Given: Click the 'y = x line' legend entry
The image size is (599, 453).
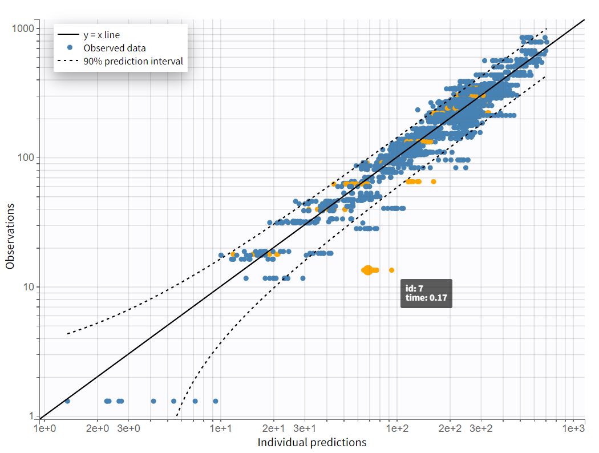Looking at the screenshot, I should (102, 35).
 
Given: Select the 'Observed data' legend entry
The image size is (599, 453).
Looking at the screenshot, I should (114, 48).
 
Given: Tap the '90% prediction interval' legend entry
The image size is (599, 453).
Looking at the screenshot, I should (133, 61).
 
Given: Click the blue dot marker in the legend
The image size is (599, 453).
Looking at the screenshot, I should (70, 48).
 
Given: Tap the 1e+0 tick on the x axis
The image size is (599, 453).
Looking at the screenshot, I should (44, 428).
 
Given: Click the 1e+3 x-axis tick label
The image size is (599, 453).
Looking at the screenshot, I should (573, 428).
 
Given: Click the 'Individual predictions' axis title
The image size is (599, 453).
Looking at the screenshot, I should (311, 443).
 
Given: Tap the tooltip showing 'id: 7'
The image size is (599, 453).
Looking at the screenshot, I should (427, 293).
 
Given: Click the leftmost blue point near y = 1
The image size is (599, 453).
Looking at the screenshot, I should (67, 401).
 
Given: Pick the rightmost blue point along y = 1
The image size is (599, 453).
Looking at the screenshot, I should (216, 401).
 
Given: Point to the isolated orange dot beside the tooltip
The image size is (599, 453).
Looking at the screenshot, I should (391, 270).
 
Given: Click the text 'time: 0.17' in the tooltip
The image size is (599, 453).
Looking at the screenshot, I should (426, 298).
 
